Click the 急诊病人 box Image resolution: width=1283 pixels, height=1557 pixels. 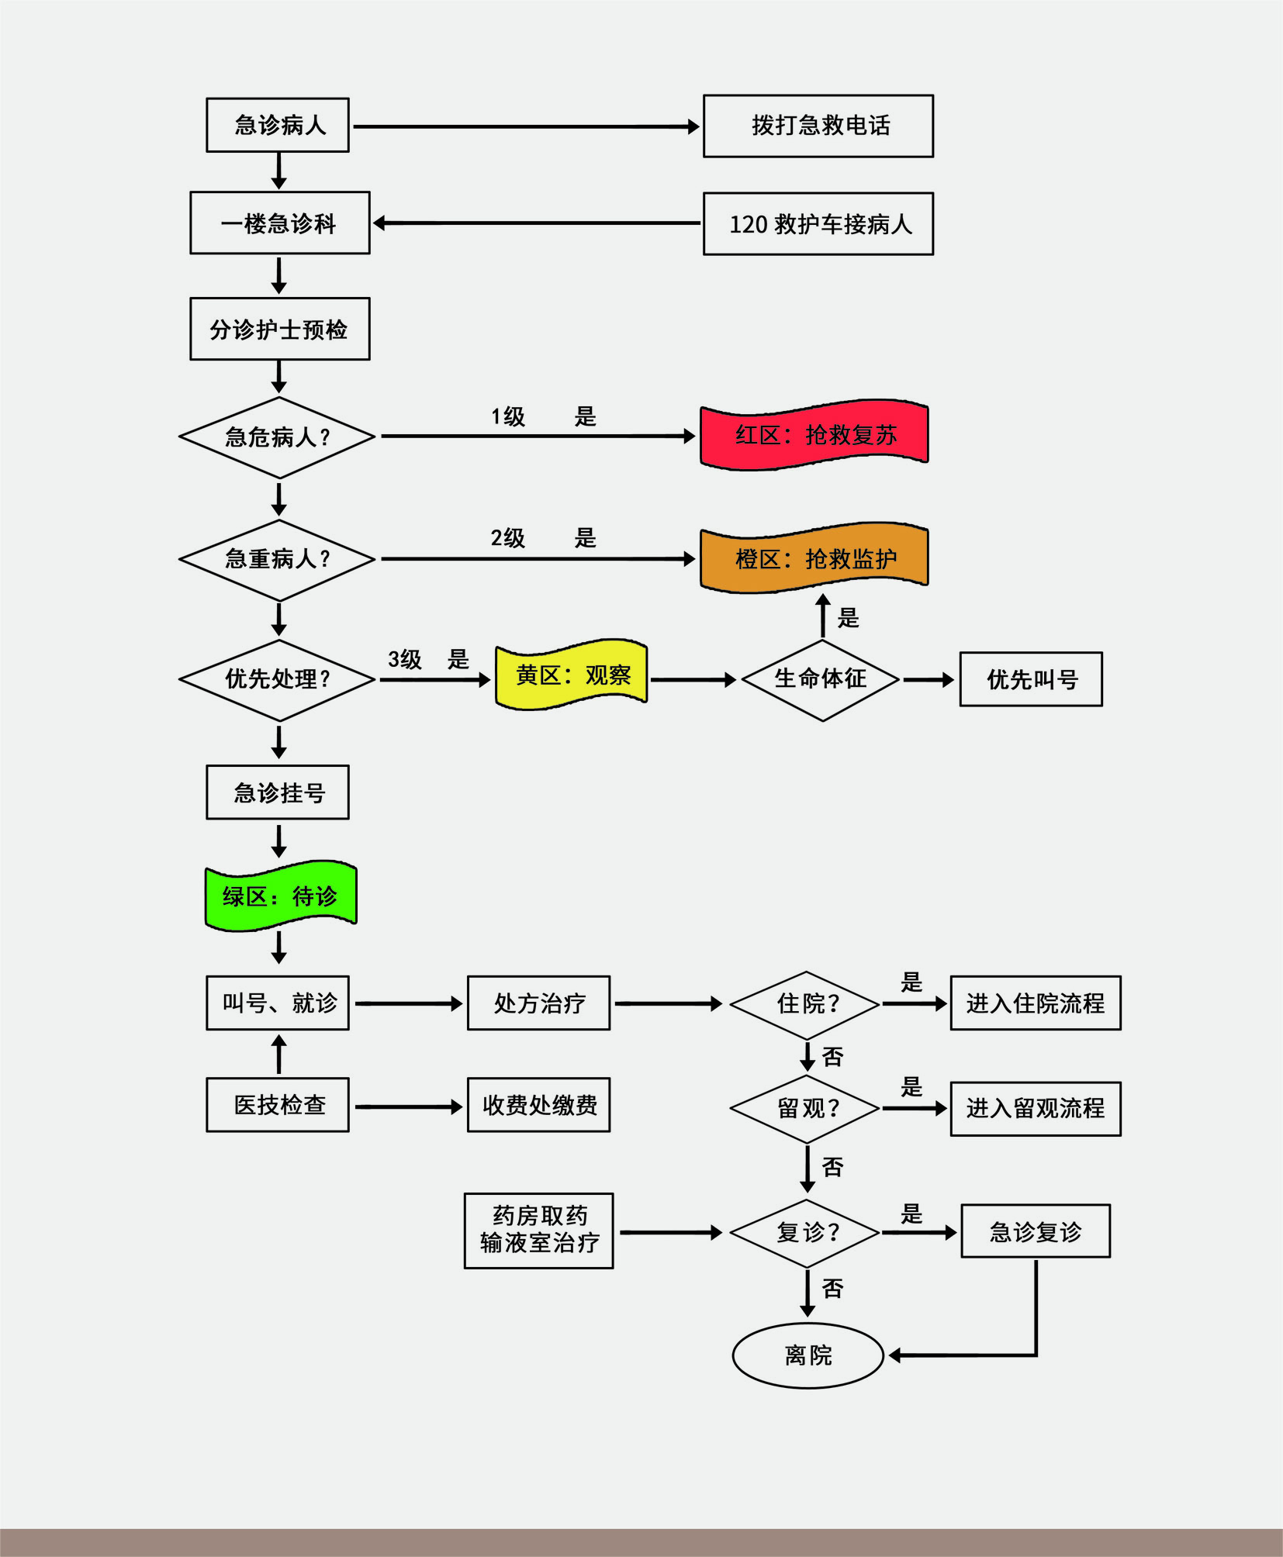point(278,125)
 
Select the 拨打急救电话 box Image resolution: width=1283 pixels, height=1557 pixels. point(818,126)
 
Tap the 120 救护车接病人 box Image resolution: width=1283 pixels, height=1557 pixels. point(818,224)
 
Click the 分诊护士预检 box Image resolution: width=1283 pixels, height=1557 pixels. point(279,329)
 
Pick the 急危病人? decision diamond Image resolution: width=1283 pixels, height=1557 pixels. point(278,437)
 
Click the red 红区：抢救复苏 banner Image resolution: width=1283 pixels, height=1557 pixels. point(814,435)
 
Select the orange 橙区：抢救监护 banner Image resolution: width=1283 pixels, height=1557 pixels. point(814,558)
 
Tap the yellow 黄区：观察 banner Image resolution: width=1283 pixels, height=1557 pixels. point(572,675)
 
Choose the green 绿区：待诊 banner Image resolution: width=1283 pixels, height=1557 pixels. point(280,896)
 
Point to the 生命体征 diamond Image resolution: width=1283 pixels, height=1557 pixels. point(821,679)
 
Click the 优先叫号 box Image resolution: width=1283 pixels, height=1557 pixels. point(1031,679)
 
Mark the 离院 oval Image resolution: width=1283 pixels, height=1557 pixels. point(808,1355)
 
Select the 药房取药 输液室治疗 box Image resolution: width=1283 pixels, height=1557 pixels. point(539,1231)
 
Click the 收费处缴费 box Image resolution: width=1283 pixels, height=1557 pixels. point(539,1105)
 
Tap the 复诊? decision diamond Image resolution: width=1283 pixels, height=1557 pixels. point(807,1232)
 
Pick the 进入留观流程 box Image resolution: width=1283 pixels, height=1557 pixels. point(1036,1109)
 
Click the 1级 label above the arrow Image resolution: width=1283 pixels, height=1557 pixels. point(508,416)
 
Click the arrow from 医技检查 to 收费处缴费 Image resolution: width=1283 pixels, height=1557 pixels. point(408,1106)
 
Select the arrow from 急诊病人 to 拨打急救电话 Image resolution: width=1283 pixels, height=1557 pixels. point(526,126)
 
